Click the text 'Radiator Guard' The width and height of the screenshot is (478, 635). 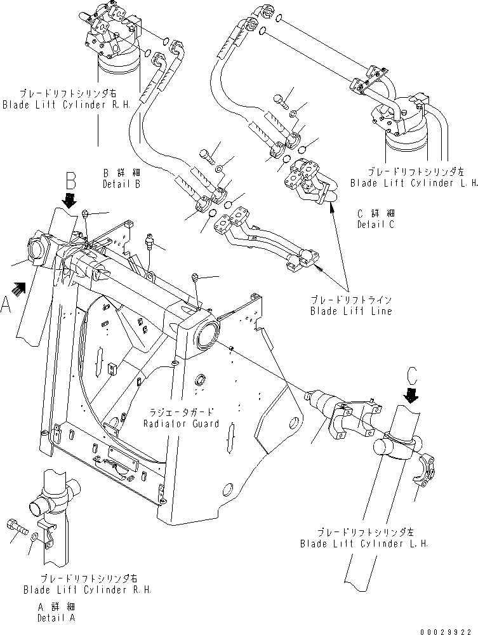click(x=182, y=424)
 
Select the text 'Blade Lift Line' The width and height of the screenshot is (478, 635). click(x=351, y=311)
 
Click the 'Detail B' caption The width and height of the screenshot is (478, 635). click(x=121, y=184)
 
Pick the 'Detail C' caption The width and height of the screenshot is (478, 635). click(x=376, y=225)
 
